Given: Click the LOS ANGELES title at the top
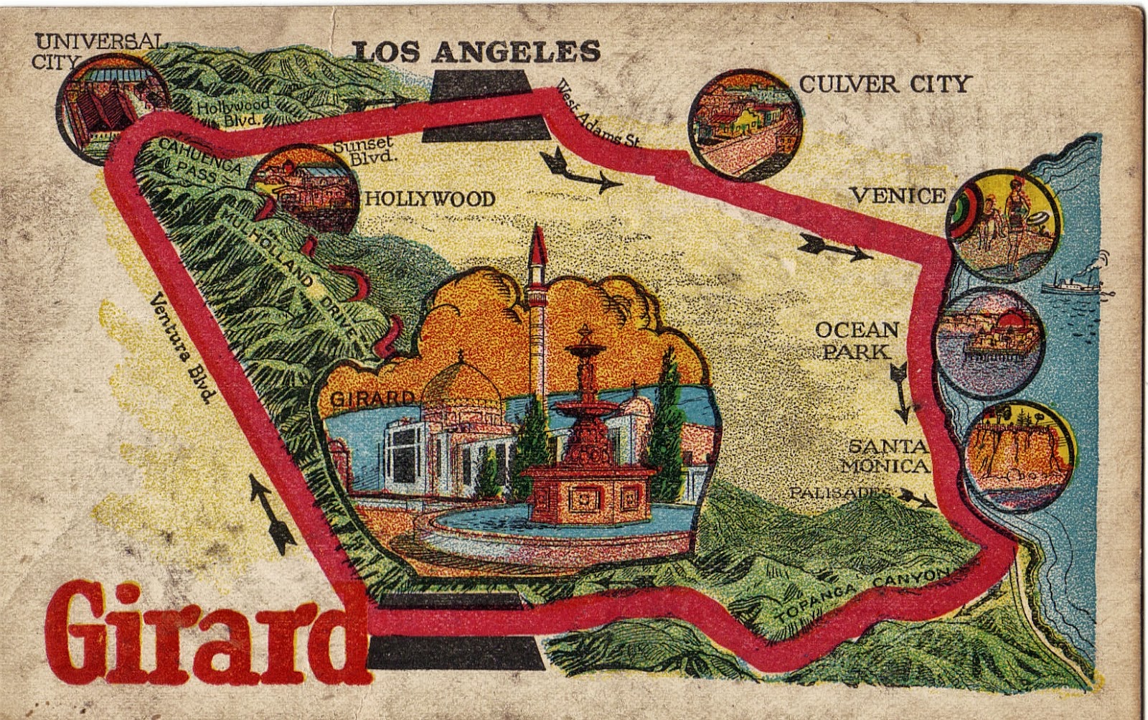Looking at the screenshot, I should (476, 52).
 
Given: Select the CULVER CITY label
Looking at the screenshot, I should (884, 84).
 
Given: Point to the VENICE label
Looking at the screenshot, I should (897, 195).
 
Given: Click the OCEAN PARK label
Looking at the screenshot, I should (857, 340).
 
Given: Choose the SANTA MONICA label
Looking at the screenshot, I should (886, 456).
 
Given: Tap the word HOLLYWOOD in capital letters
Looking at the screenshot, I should (430, 199).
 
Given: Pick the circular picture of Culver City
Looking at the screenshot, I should (745, 123).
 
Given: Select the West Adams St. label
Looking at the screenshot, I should (597, 115).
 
